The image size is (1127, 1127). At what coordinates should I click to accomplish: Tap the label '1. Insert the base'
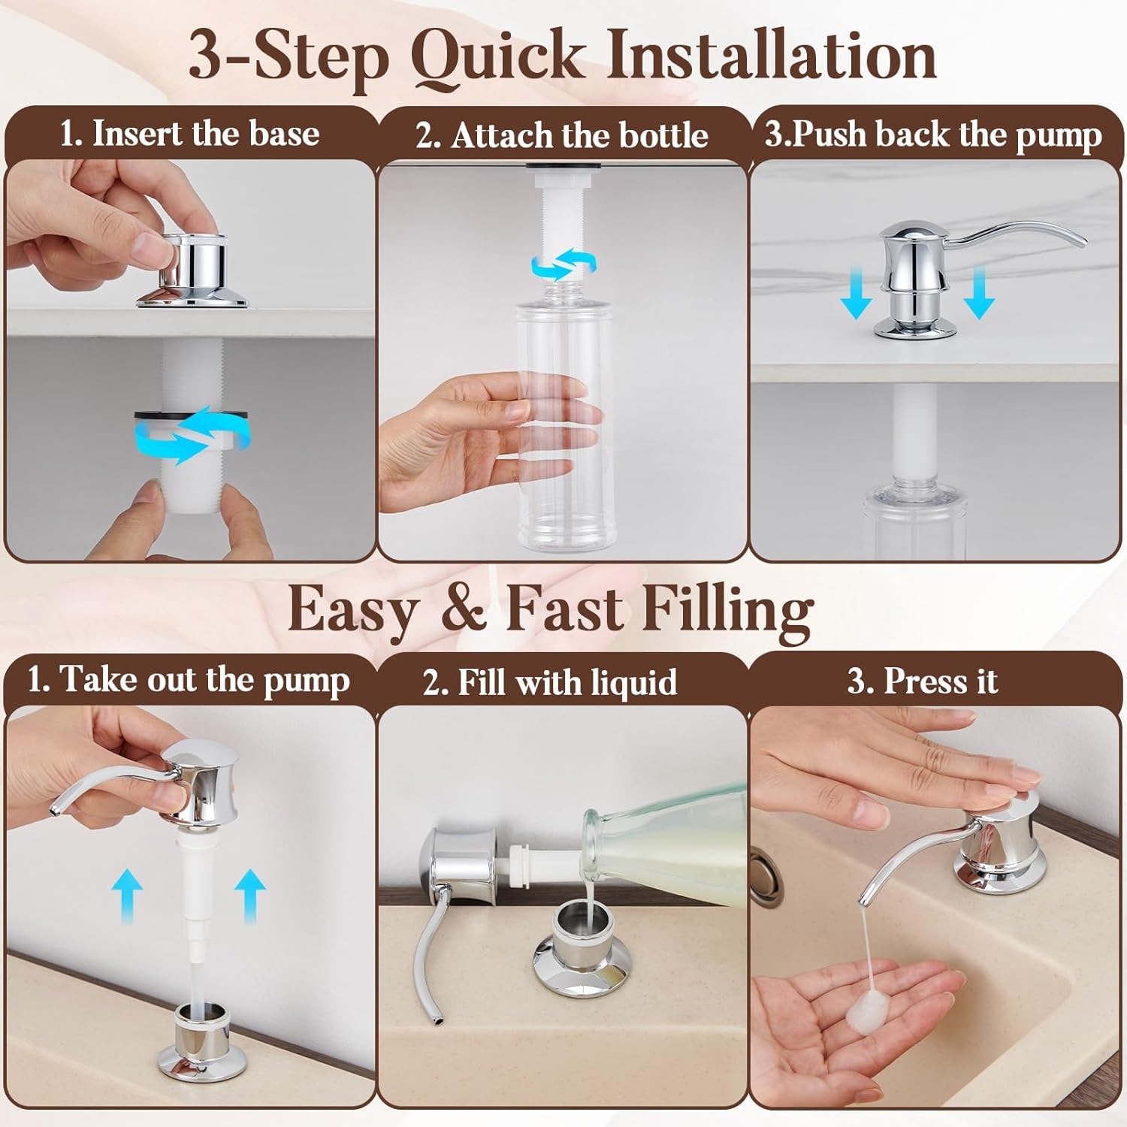click(x=189, y=134)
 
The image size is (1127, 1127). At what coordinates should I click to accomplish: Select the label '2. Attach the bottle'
click(x=562, y=136)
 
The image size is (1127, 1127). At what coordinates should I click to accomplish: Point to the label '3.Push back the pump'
click(x=933, y=135)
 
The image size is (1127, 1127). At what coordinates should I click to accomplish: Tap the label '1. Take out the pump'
click(x=189, y=680)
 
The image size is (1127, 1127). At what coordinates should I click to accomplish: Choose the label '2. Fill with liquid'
click(x=550, y=683)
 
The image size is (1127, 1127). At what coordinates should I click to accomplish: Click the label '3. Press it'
click(x=923, y=681)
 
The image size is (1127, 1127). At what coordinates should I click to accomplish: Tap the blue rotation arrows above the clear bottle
click(x=563, y=264)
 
